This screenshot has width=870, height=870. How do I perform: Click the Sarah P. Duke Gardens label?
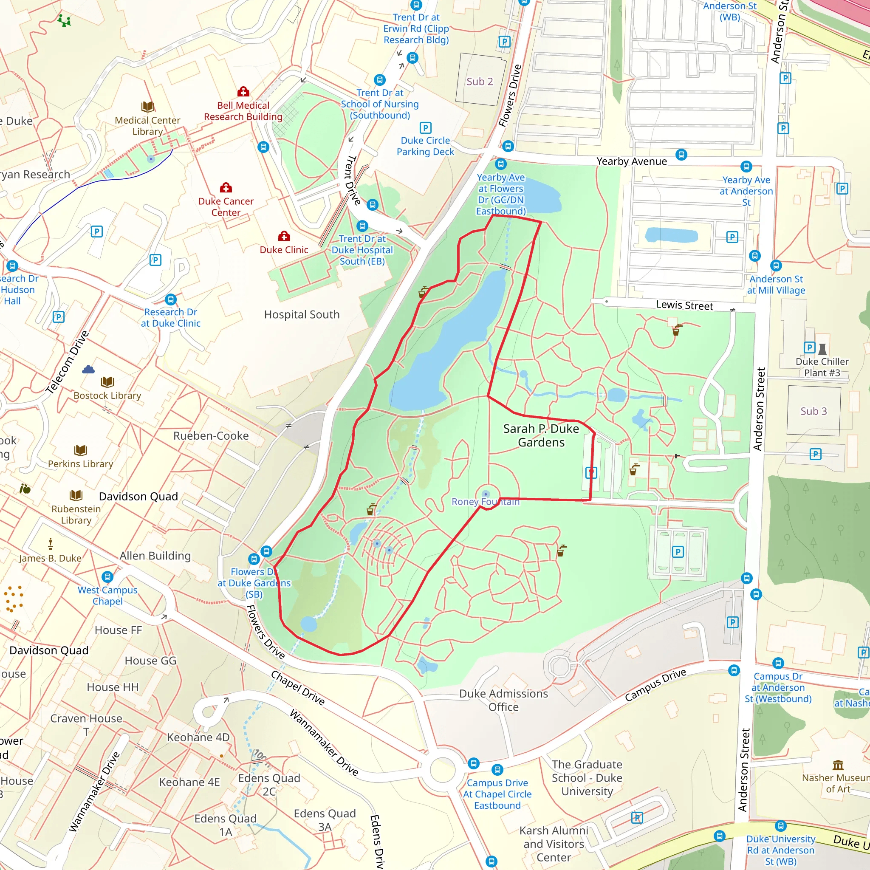pos(541,435)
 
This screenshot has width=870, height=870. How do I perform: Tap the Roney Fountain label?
pos(485,502)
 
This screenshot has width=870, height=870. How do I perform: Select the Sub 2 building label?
pos(480,82)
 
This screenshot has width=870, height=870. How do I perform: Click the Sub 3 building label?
pos(813,411)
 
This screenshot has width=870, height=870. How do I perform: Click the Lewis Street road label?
pos(684,305)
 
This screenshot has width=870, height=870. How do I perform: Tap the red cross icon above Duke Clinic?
pos(284,236)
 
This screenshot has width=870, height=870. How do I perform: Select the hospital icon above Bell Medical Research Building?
pos(243,92)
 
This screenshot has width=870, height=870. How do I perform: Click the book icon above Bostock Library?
pos(107,382)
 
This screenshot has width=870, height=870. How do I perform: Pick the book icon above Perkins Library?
pos(80,450)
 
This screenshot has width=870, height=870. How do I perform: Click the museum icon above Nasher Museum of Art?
pos(838,765)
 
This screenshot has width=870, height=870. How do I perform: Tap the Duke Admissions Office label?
pos(503,700)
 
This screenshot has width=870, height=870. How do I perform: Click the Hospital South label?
pos(302,314)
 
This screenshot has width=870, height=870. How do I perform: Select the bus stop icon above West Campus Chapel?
pos(107,576)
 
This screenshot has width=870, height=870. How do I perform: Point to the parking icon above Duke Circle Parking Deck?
pos(425,127)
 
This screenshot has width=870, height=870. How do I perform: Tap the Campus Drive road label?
pos(655,685)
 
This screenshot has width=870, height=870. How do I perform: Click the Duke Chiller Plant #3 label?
pos(822,367)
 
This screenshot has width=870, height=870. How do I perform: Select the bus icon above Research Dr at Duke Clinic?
pos(171,299)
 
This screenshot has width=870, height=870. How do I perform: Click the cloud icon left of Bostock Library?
pos(88,370)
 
